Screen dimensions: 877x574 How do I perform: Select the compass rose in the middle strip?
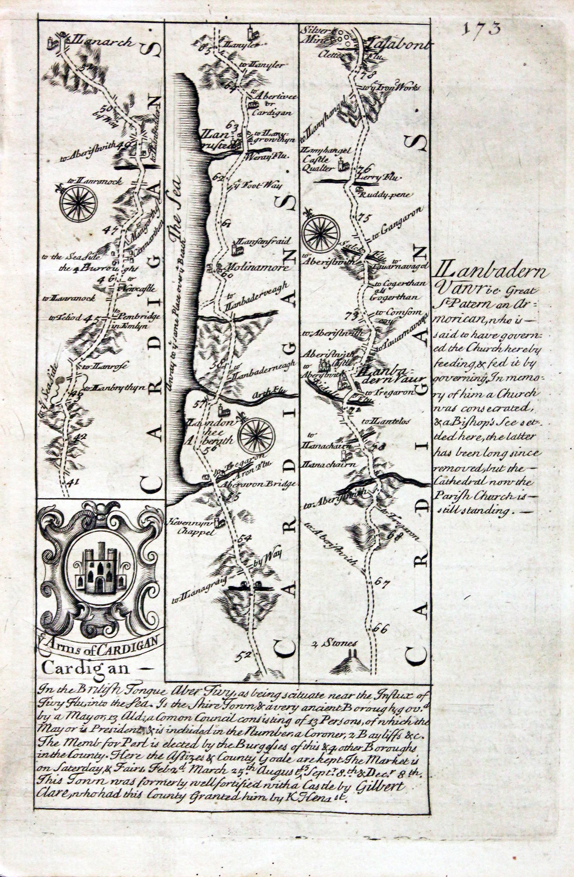pos(256,437)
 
